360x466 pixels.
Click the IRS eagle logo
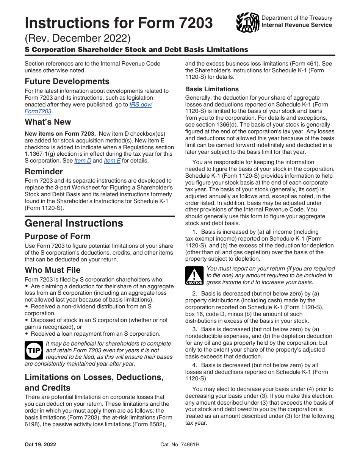point(247,22)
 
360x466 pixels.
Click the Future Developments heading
point(67,81)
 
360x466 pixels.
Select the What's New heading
point(48,122)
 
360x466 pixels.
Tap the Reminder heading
point(44,171)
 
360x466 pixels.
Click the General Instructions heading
point(74,223)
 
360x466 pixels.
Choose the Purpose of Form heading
point(58,236)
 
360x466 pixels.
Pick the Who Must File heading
point(53,270)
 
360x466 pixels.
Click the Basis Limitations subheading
point(212,89)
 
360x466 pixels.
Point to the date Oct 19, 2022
point(40,444)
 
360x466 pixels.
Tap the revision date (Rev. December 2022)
point(77,38)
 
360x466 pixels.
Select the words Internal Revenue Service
point(297,25)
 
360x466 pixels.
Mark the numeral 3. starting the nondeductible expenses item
point(194,329)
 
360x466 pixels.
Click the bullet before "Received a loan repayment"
point(27,334)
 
